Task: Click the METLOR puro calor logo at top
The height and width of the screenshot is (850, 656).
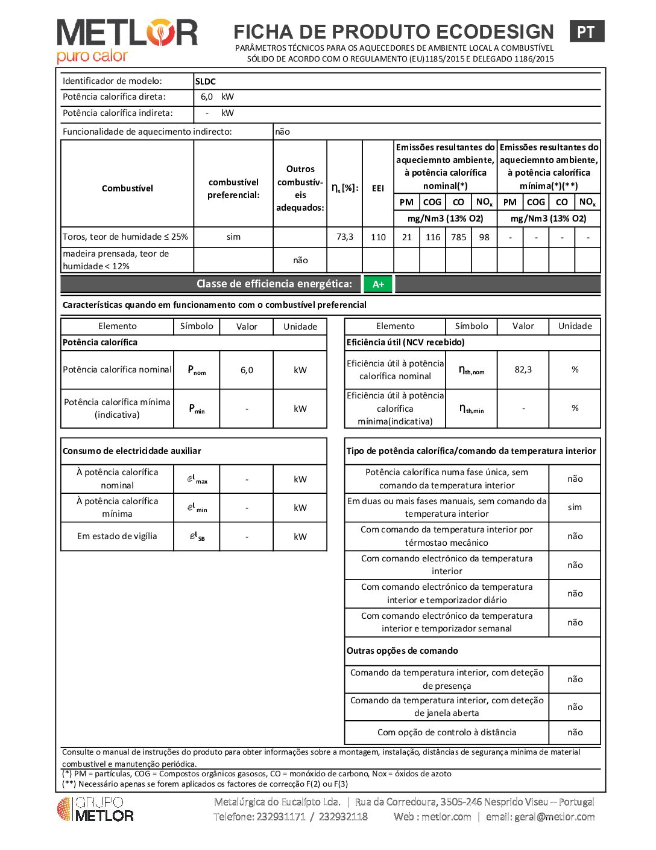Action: [x=127, y=40]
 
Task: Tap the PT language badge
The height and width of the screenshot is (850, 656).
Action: [x=586, y=32]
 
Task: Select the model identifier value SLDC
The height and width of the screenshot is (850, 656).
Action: [x=206, y=81]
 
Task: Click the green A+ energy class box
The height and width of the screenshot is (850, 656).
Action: [x=378, y=284]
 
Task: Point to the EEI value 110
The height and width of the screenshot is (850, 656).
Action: [x=378, y=237]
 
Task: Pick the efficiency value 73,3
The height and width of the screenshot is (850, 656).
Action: [x=345, y=237]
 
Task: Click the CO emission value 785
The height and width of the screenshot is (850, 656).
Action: [x=458, y=237]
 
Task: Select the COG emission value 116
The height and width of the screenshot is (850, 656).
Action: [x=433, y=237]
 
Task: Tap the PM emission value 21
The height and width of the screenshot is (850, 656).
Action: [x=407, y=237]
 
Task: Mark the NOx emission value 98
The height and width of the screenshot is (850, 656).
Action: [x=484, y=237]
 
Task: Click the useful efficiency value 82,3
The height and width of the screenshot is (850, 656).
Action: [x=523, y=369]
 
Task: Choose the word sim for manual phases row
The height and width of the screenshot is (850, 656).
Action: [x=575, y=507]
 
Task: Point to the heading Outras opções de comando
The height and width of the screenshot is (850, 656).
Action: [x=402, y=651]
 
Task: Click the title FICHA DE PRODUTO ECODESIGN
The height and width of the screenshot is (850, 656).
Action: [x=394, y=31]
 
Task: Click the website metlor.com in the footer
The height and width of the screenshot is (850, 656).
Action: [x=446, y=817]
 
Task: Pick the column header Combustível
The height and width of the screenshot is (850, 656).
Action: [x=127, y=188]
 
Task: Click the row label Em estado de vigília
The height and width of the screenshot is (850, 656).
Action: [x=117, y=536]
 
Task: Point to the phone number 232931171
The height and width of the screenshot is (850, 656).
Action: [x=281, y=817]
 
